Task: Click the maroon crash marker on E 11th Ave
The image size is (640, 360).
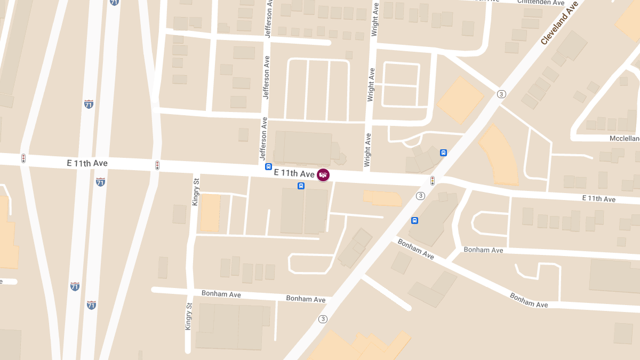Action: click(323, 174)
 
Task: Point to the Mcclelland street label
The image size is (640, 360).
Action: click(624, 139)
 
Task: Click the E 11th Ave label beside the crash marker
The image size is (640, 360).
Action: click(294, 173)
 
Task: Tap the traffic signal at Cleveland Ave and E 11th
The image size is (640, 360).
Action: click(433, 180)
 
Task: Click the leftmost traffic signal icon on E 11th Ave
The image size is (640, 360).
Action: click(23, 158)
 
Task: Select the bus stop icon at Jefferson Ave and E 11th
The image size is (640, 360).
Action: click(269, 166)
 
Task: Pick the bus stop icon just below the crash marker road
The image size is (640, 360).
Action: click(301, 186)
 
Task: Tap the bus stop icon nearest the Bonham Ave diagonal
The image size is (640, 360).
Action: click(414, 220)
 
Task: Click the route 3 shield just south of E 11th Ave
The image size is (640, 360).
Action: click(421, 196)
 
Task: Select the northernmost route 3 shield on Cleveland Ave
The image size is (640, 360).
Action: click(501, 94)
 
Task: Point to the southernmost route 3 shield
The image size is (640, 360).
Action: click(322, 319)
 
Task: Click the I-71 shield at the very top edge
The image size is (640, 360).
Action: click(115, 2)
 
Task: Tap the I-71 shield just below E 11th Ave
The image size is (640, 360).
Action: click(100, 182)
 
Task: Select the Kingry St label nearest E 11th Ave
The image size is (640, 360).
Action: click(196, 189)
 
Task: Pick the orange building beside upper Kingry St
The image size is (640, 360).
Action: click(210, 212)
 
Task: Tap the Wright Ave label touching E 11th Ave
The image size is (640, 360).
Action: click(367, 151)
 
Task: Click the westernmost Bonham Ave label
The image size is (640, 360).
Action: click(221, 294)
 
